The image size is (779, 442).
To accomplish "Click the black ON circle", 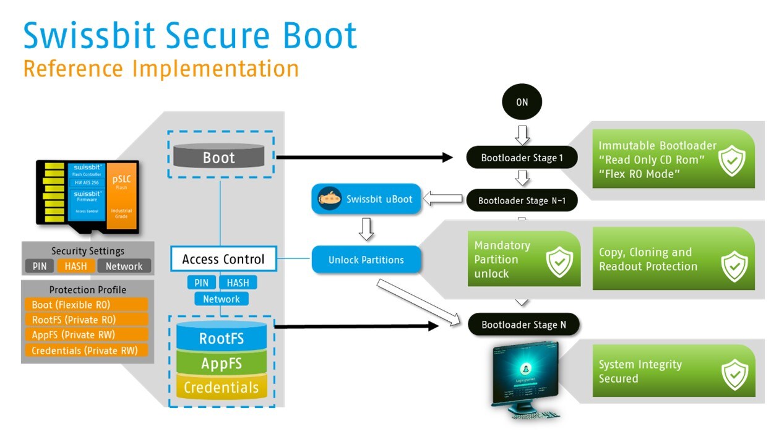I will coord(522,102).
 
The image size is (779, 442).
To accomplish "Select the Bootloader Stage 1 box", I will coord(522,158).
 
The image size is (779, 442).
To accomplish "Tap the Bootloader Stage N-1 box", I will coord(522,200).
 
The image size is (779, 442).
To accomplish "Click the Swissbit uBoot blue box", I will coord(363,199).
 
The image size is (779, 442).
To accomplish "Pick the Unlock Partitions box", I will coord(366,260).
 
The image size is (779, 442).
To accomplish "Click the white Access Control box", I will coord(223,259).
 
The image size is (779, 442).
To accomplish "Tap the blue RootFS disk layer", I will coord(222,338).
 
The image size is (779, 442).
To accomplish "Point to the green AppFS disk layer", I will coord(222,363).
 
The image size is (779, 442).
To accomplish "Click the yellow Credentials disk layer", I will coord(222,388).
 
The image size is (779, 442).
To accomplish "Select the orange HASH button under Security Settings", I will coord(77,266).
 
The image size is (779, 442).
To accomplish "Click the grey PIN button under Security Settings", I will coord(39,266).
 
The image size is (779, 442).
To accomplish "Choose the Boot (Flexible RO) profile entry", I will coord(87,305).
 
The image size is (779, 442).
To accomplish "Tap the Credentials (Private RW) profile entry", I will coord(87,351).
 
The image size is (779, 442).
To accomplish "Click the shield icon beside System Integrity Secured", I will coord(734,373).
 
